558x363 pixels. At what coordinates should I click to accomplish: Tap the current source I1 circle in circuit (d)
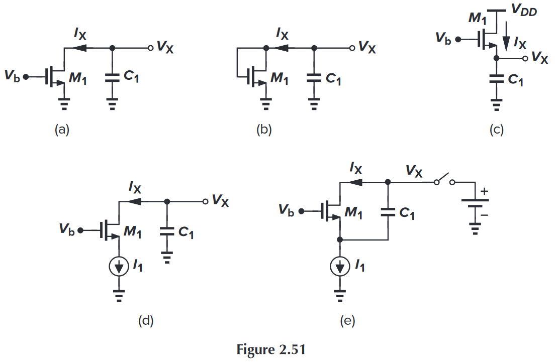tap(119, 268)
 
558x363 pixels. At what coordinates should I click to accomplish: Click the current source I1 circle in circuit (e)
tap(340, 267)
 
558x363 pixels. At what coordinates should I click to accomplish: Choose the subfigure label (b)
tap(263, 130)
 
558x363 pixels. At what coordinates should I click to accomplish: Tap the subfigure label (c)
tap(496, 130)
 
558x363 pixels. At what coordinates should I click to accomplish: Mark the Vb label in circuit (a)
tap(13, 77)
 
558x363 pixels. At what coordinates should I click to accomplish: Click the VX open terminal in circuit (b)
tap(352, 48)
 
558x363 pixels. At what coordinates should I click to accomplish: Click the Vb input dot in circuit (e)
tap(301, 211)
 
